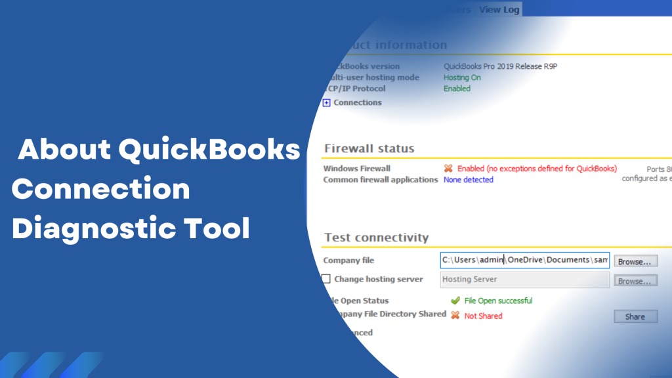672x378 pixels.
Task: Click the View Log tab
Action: (499, 9)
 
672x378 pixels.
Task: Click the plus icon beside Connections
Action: (327, 102)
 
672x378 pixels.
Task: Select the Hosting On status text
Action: (462, 77)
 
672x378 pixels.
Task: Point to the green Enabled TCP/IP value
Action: (457, 89)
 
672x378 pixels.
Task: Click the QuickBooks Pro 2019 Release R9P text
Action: (500, 66)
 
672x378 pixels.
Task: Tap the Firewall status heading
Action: (369, 148)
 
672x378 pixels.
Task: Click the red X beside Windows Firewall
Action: (448, 169)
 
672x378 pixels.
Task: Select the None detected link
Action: (468, 180)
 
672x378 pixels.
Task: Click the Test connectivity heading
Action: (376, 238)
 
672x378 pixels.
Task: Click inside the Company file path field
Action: (524, 260)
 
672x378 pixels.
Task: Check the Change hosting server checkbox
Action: (326, 279)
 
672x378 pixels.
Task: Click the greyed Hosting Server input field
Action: (524, 280)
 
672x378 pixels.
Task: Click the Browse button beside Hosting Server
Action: (635, 281)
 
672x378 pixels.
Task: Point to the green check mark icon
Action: (455, 301)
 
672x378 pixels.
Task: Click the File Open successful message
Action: (498, 301)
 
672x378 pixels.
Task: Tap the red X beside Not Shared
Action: (455, 315)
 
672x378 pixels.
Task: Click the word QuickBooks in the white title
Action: (209, 150)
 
